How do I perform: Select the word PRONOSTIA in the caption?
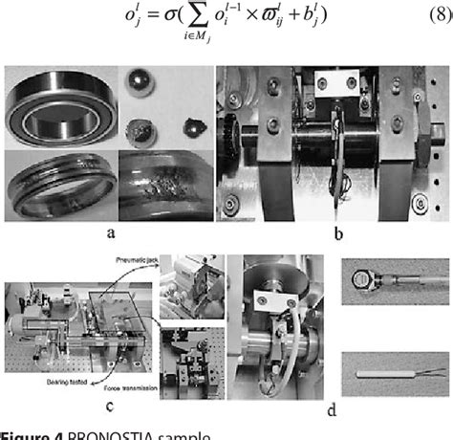108,433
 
